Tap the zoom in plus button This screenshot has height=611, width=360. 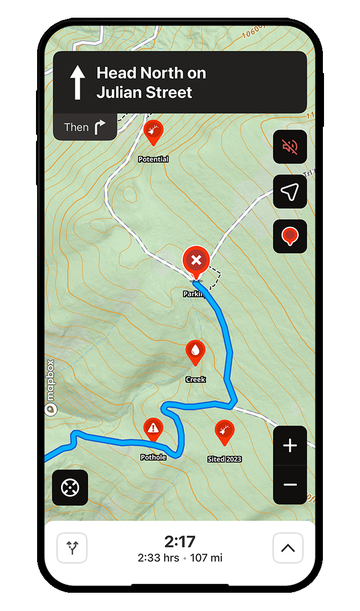pyautogui.click(x=290, y=446)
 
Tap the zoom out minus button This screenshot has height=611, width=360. pyautogui.click(x=290, y=485)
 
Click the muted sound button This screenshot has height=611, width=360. pyautogui.click(x=290, y=147)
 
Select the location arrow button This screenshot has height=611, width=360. pyautogui.click(x=290, y=191)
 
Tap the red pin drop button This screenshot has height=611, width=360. pyautogui.click(x=290, y=236)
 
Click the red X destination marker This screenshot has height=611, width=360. pyautogui.click(x=196, y=260)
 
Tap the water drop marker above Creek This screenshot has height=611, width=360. pyautogui.click(x=196, y=351)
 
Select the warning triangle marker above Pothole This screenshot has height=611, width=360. pyautogui.click(x=153, y=428)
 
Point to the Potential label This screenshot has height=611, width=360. pyautogui.click(x=153, y=159)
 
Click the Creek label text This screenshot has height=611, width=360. pyautogui.click(x=196, y=380)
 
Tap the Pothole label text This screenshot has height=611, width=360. pyautogui.click(x=153, y=458)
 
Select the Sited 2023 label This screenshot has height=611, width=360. pyautogui.click(x=224, y=459)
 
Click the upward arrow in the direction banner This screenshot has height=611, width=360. pyautogui.click(x=78, y=82)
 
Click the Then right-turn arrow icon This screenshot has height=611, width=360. pyautogui.click(x=99, y=128)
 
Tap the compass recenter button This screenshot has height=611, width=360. pyautogui.click(x=70, y=488)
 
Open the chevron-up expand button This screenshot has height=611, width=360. pyautogui.click(x=288, y=548)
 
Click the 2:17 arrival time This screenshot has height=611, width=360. pyautogui.click(x=180, y=542)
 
